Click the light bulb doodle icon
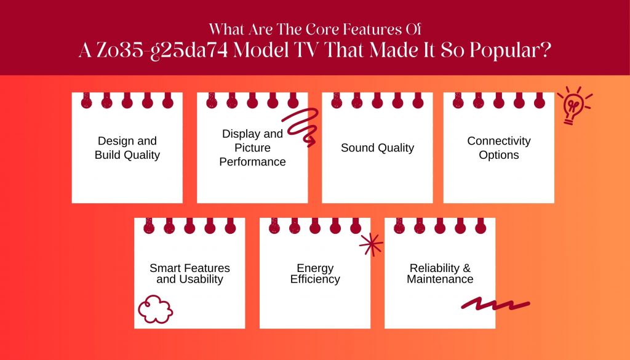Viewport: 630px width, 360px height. click(575, 105)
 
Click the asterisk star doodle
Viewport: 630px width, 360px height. click(371, 244)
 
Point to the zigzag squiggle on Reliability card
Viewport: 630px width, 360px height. click(495, 304)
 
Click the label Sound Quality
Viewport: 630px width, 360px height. click(377, 148)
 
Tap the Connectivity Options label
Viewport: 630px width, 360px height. click(498, 148)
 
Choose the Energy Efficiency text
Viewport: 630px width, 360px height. click(315, 273)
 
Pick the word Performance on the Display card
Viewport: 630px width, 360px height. click(252, 161)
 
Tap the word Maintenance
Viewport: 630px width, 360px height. click(440, 279)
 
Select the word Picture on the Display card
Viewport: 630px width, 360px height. click(252, 148)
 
